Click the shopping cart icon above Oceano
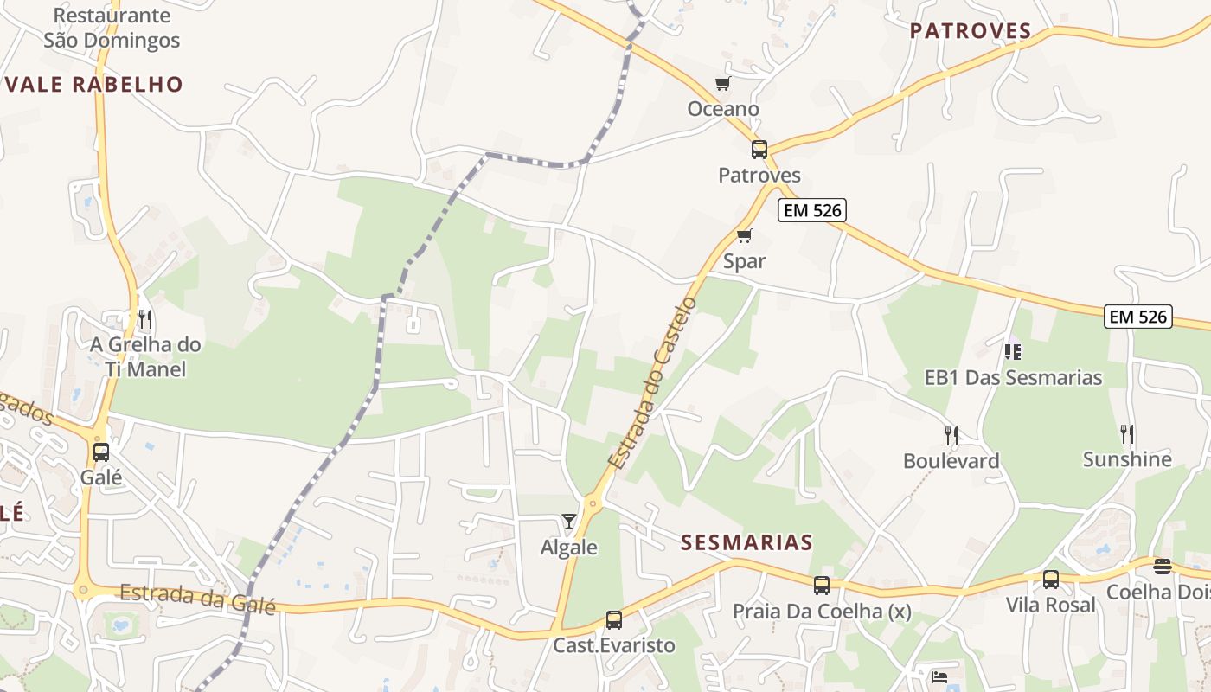pos(722,84)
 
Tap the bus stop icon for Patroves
pos(759,150)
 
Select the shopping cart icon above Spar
pos(744,235)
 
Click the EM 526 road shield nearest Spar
pos(811,210)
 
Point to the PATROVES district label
pos(971,32)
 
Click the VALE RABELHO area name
pos(93,85)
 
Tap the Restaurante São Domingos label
pos(112,28)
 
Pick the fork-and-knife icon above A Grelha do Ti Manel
pos(145,320)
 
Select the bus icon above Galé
pos(101,452)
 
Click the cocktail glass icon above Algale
pos(568,521)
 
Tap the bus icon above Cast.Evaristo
pos(614,620)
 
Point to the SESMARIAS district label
pos(746,543)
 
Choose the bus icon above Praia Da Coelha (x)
pos(822,586)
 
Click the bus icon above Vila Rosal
pos(1051,580)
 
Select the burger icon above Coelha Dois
pos(1163,567)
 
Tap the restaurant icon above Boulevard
pos(951,435)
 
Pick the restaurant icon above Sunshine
pos(1127,433)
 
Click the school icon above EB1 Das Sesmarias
pos(1013,351)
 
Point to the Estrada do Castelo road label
pos(653,383)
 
